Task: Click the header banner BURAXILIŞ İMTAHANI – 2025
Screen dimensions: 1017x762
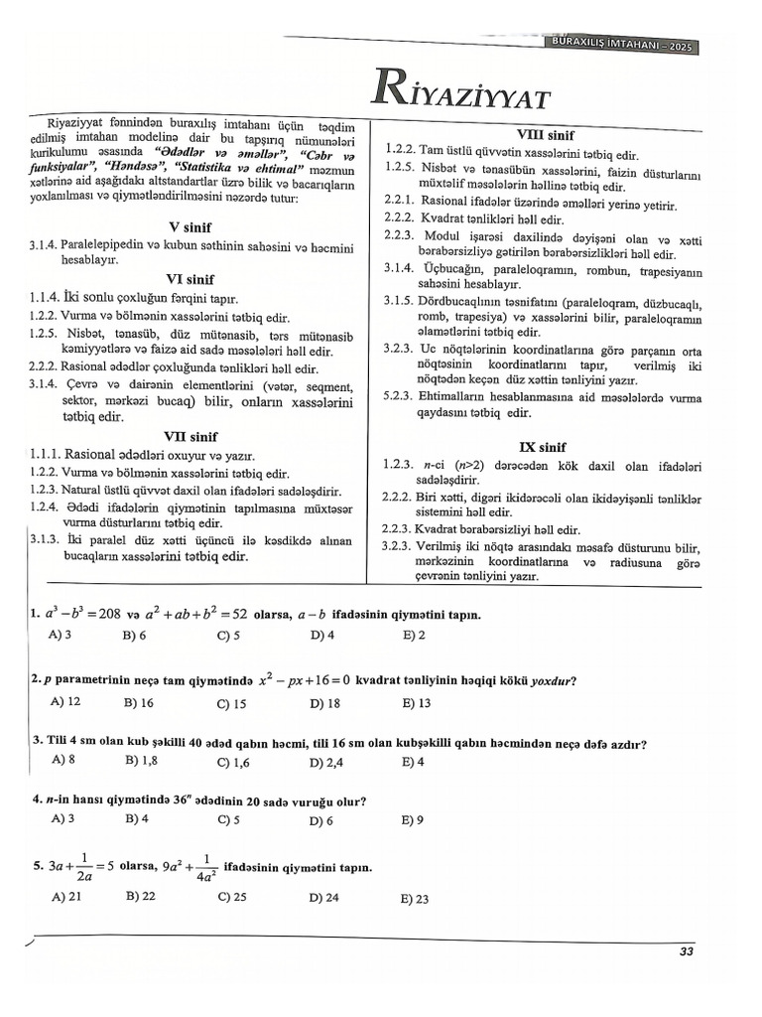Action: (x=623, y=46)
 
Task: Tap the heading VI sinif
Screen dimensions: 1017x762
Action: (x=190, y=279)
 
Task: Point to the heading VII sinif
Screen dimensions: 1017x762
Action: (x=190, y=436)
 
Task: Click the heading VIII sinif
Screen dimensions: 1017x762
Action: (x=545, y=134)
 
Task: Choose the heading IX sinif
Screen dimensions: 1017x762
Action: (x=543, y=447)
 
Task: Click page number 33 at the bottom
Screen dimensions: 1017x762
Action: (x=686, y=951)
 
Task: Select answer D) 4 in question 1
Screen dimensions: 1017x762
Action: (x=321, y=635)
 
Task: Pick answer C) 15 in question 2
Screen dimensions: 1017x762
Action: (x=231, y=703)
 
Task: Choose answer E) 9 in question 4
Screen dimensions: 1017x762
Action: (x=413, y=820)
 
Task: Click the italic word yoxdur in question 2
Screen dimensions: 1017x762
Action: (x=553, y=681)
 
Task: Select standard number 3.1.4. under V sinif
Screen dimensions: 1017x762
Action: (x=44, y=243)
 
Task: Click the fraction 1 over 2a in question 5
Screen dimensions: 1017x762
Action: (x=84, y=867)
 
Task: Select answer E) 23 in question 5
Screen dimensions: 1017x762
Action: (x=415, y=899)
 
